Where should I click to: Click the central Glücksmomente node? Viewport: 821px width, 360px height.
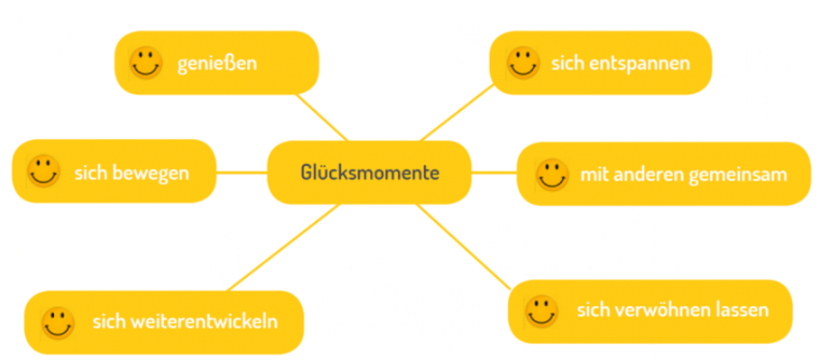(x=370, y=171)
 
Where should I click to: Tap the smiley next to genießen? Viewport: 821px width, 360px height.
(x=145, y=63)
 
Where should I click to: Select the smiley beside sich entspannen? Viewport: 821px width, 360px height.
(x=523, y=63)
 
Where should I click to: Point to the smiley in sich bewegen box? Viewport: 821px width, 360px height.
(x=43, y=171)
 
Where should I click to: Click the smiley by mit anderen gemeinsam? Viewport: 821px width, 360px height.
(x=551, y=174)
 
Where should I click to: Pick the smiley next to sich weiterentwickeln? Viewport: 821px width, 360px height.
(x=58, y=322)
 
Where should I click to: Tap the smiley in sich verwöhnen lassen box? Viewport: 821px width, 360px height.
(x=541, y=311)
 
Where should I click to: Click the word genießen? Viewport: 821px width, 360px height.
(x=217, y=64)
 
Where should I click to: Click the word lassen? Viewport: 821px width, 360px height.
(x=741, y=310)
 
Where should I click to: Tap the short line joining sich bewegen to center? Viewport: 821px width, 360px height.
(x=242, y=171)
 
